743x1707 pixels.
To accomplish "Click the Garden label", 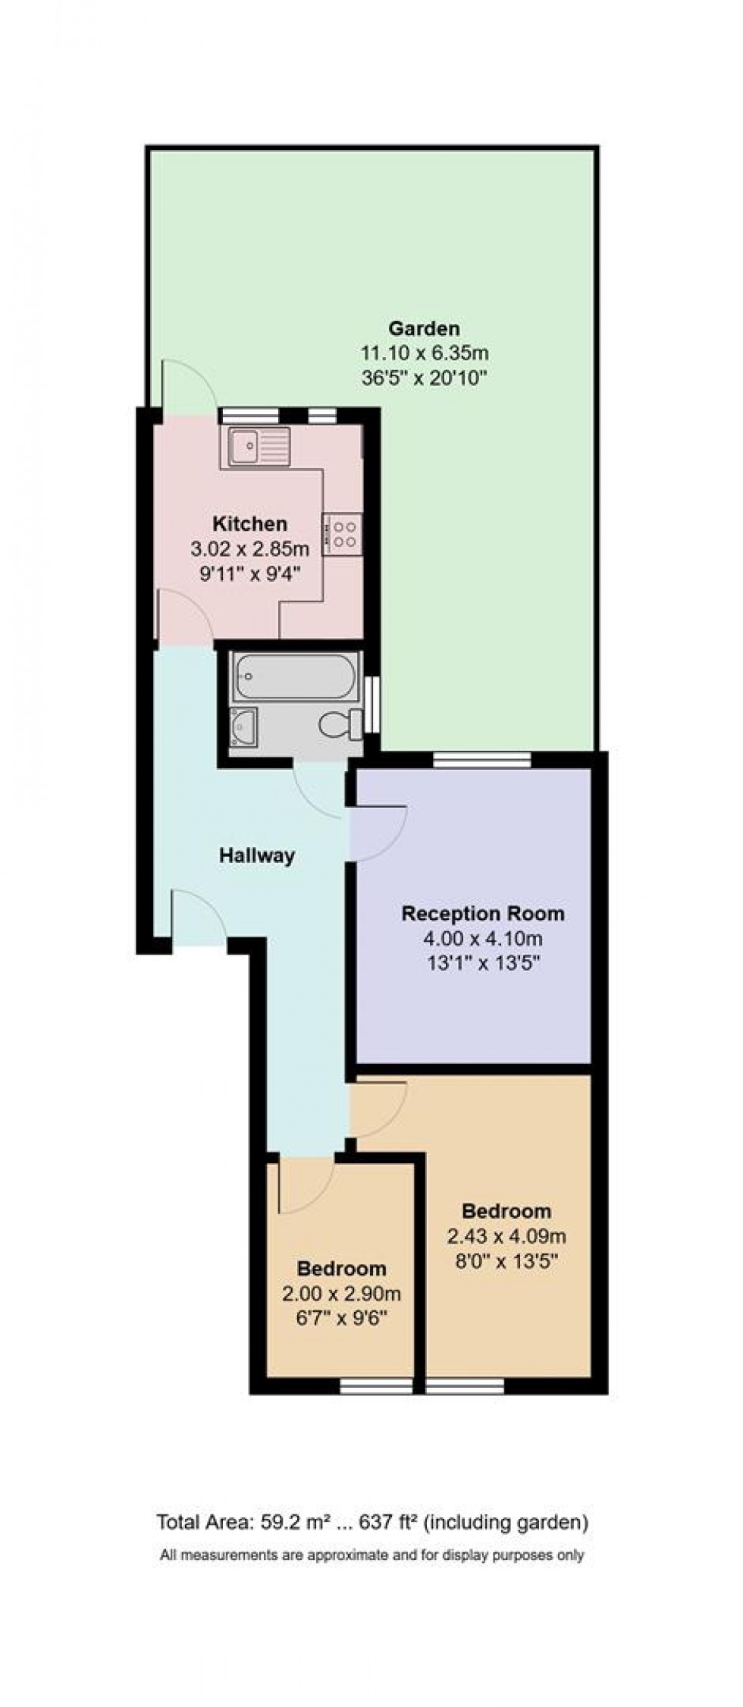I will [x=424, y=328].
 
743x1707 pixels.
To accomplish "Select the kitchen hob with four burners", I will [x=342, y=533].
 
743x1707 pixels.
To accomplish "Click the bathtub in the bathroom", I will [x=295, y=676].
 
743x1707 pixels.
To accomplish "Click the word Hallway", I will [x=256, y=855].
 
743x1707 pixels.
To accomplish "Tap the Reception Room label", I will [x=483, y=913].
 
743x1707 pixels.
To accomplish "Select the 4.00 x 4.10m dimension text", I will [x=483, y=938].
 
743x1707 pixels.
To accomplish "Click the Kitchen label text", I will [x=249, y=523].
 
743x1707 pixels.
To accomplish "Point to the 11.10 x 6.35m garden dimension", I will [x=424, y=353].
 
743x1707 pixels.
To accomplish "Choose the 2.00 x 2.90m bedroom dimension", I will [x=341, y=1294].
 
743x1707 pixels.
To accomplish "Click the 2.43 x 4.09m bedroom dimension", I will [x=506, y=1237].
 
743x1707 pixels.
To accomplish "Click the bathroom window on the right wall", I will [x=371, y=704].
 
